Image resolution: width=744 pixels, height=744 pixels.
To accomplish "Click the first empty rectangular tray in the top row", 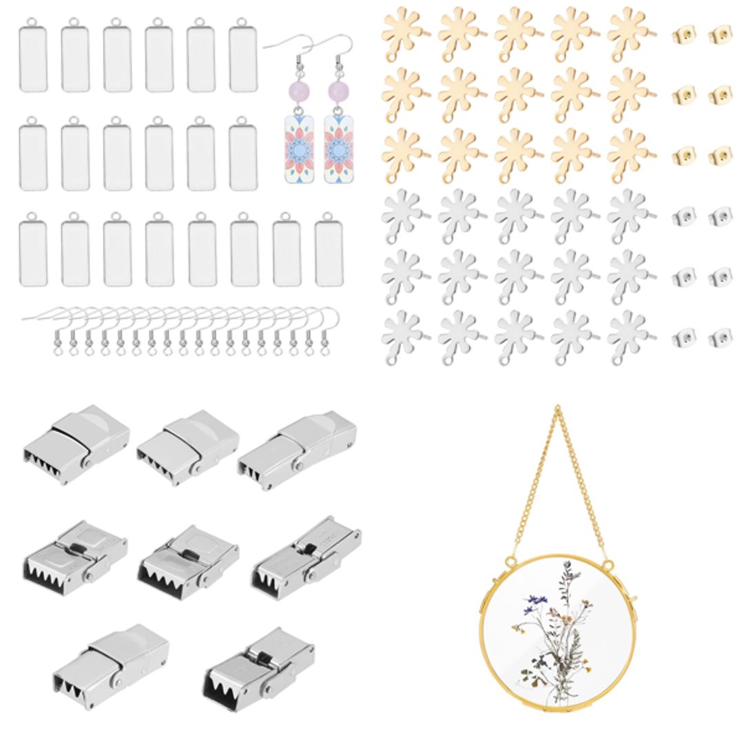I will (x=33, y=58).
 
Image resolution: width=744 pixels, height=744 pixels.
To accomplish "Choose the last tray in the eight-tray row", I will (x=329, y=252).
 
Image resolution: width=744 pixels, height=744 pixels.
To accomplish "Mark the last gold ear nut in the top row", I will (x=721, y=35).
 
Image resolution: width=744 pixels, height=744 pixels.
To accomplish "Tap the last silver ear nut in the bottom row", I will (x=721, y=338).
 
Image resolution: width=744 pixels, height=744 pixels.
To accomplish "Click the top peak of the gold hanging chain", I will (x=557, y=411).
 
